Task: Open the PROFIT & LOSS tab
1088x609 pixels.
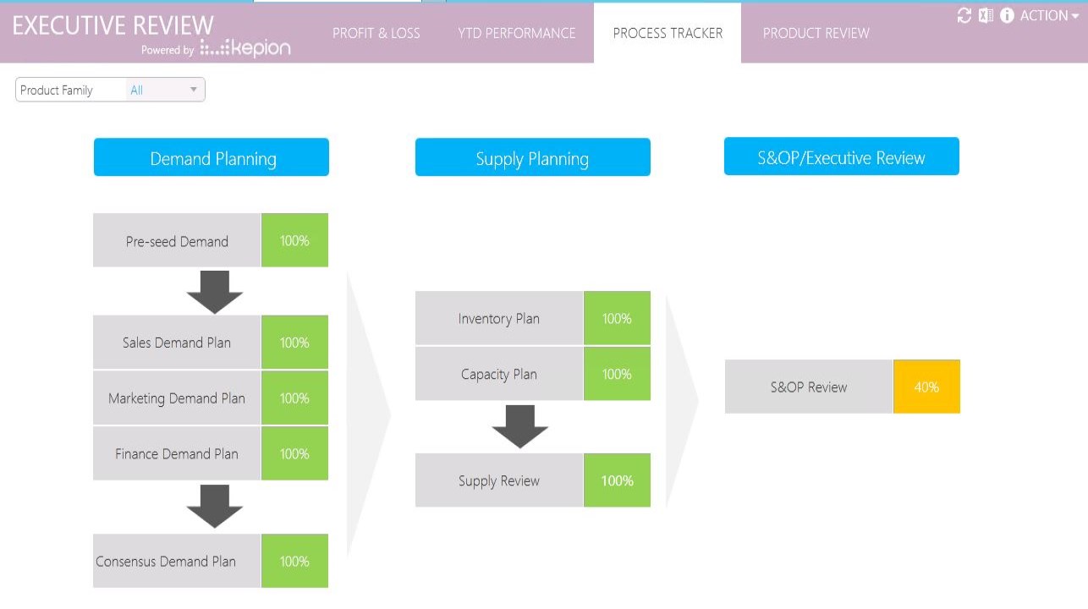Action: [376, 33]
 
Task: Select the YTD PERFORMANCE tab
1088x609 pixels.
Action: [516, 33]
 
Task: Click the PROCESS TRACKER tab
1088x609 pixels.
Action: [668, 33]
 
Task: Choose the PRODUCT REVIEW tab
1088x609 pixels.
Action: [816, 33]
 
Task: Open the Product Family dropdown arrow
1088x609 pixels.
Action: [193, 90]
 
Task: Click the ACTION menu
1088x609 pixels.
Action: [1048, 15]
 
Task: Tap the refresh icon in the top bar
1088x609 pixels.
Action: [964, 15]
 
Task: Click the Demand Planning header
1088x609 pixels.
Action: [212, 158]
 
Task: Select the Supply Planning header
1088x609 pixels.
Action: [532, 158]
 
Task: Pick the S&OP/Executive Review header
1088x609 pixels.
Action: [841, 157]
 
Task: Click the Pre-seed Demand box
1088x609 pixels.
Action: [177, 241]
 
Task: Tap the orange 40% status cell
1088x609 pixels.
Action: [926, 387]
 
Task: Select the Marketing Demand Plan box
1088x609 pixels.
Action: [177, 398]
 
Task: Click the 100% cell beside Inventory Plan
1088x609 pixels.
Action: [617, 319]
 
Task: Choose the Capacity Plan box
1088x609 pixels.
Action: [498, 374]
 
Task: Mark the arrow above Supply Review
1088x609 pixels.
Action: [520, 426]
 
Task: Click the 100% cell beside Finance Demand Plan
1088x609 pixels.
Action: [294, 453]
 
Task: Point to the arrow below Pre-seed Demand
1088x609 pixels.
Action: [215, 292]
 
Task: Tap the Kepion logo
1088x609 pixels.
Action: [245, 48]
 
